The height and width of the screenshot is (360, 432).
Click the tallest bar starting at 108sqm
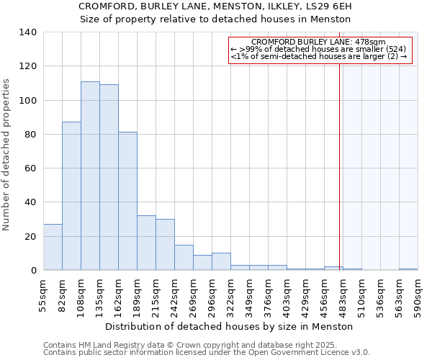tap(90, 176)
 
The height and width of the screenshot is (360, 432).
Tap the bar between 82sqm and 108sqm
tap(71, 196)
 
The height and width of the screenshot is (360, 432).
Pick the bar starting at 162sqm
tap(127, 201)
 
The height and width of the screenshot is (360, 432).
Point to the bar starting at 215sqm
tap(165, 245)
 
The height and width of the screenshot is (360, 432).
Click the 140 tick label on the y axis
tap(28, 32)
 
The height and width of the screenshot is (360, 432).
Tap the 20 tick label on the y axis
tap(31, 237)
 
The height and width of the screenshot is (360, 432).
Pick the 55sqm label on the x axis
tap(44, 293)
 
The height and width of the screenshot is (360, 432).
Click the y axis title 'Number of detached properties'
tap(7, 154)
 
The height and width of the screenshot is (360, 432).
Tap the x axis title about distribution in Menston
tap(234, 326)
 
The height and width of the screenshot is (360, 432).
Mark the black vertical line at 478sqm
tap(340, 166)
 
